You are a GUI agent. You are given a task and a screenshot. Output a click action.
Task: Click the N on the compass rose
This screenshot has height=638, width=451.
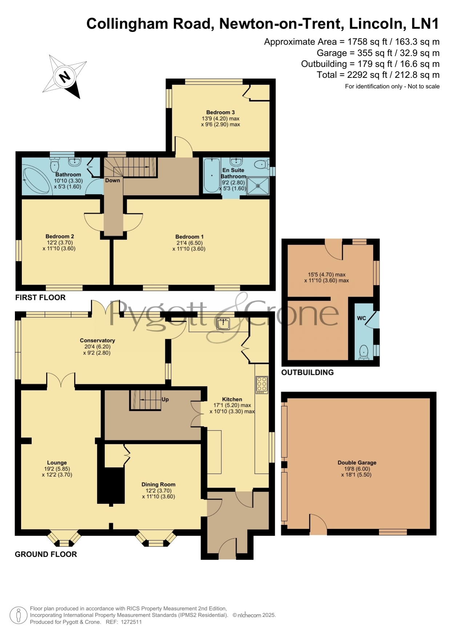(x=65, y=77)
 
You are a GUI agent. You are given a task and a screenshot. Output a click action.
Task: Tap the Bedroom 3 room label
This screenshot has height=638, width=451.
(x=221, y=112)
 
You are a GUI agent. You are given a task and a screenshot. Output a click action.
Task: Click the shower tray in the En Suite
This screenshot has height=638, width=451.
(x=258, y=186)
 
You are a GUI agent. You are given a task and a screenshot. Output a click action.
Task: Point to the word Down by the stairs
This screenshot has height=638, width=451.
(x=113, y=180)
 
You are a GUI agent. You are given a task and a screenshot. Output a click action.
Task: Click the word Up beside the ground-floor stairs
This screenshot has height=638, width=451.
(x=165, y=399)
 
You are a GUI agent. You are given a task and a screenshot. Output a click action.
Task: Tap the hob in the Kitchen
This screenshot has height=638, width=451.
(x=262, y=385)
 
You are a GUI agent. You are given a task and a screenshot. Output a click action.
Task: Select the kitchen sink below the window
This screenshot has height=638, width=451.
(x=223, y=323)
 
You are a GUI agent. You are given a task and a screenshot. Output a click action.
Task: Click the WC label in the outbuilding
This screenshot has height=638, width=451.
(x=362, y=318)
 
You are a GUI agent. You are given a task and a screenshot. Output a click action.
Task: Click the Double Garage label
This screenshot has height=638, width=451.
(x=357, y=462)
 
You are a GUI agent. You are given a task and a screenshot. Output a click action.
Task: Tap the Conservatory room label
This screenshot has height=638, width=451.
(x=97, y=340)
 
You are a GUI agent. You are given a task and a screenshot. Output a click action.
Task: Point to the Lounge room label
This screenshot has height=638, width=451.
(x=57, y=462)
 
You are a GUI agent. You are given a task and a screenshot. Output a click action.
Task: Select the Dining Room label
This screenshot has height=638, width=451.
(x=158, y=484)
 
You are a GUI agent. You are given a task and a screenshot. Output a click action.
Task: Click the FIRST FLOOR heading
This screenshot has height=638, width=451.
(x=40, y=297)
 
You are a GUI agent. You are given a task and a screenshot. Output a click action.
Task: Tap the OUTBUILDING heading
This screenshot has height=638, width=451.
(x=307, y=372)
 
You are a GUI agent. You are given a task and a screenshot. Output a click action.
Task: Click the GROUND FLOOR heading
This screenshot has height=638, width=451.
(x=46, y=554)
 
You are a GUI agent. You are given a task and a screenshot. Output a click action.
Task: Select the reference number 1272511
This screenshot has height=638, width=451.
(x=131, y=622)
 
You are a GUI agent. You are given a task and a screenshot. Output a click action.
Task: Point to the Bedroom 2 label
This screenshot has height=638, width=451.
(x=60, y=236)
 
